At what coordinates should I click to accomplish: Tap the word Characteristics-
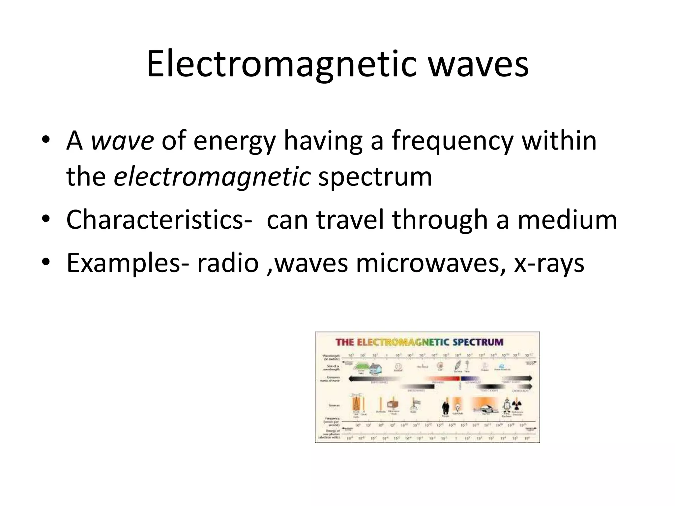tap(159, 220)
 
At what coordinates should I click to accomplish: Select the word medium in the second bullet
tap(567, 220)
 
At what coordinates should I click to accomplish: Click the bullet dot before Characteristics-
tap(45, 219)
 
